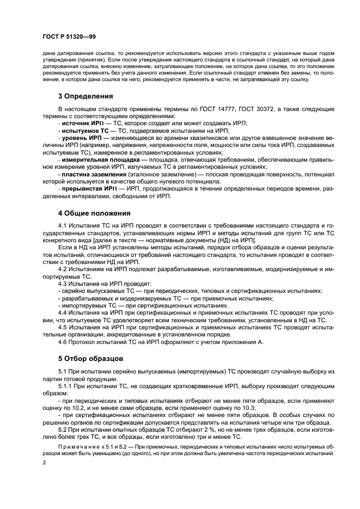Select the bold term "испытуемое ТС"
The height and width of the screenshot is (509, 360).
[x=83, y=131]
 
